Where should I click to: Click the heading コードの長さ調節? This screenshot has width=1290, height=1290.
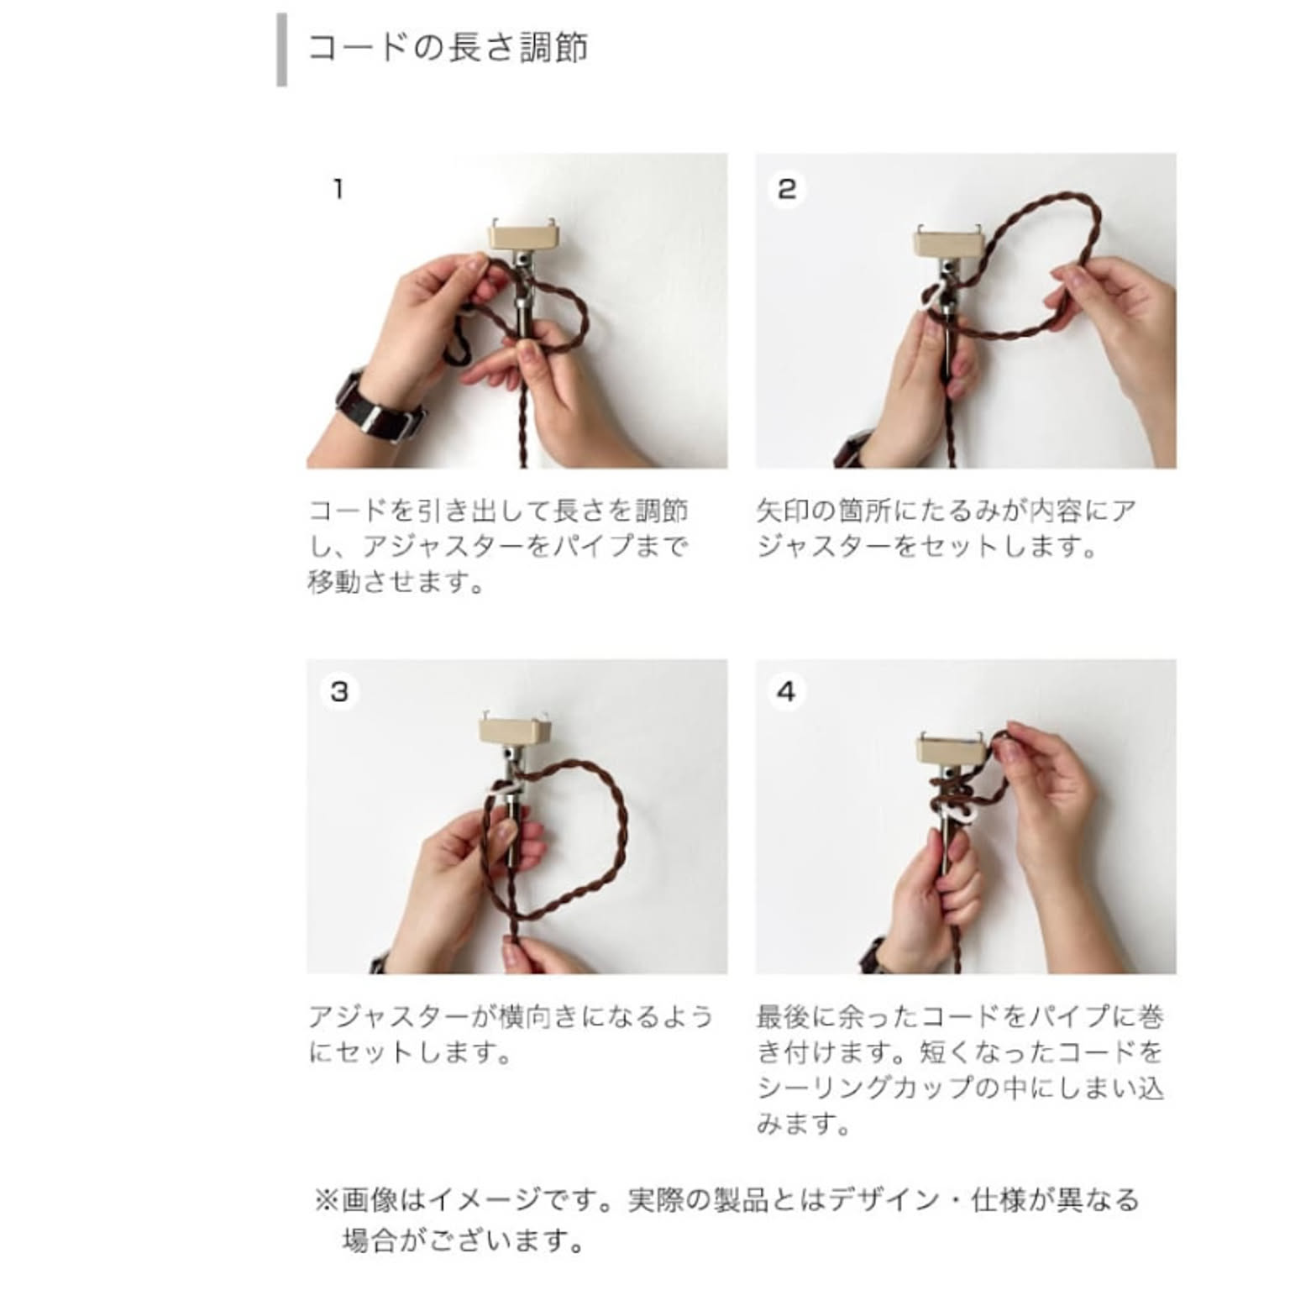pyautogui.click(x=448, y=48)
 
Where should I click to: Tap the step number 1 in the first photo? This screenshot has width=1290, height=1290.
pyautogui.click(x=338, y=189)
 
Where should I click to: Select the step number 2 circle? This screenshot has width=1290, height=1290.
pyautogui.click(x=786, y=188)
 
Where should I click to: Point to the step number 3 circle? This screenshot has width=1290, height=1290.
pyautogui.click(x=339, y=692)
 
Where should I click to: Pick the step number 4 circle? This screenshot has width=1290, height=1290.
pyautogui.click(x=786, y=692)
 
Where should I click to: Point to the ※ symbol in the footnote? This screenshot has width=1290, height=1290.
pyautogui.click(x=326, y=1199)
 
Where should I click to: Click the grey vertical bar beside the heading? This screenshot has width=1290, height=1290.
pyautogui.click(x=281, y=50)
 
